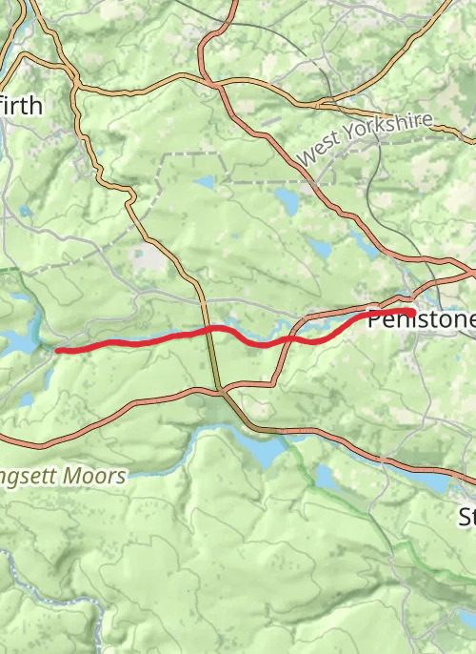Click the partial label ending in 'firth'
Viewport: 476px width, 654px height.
coord(21,105)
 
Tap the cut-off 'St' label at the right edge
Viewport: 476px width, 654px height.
coord(467,518)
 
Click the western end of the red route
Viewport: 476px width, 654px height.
coord(59,351)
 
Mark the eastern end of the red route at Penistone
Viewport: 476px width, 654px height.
coord(410,312)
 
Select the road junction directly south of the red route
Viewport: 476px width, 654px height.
coord(218,389)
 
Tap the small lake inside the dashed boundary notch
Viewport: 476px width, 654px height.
coord(205,181)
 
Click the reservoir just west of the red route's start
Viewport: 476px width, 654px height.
coord(19,339)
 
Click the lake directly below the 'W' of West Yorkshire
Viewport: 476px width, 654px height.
coord(287,198)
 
